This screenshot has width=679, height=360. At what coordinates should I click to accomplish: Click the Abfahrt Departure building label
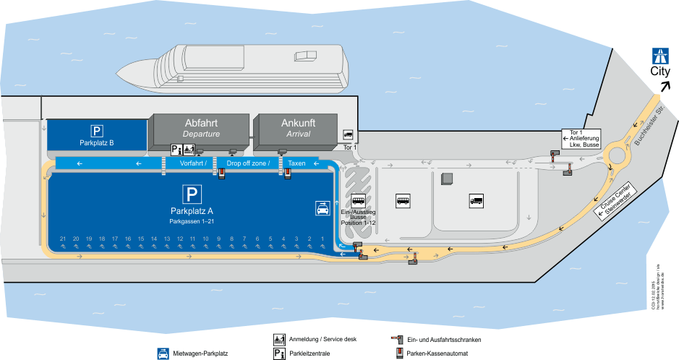(201, 127)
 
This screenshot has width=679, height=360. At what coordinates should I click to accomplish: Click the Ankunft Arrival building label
(298, 127)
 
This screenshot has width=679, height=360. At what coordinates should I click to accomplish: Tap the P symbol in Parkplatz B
(97, 130)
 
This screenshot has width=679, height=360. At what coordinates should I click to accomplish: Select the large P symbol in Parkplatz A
(192, 194)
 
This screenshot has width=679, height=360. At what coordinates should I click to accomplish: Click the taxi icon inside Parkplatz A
(322, 208)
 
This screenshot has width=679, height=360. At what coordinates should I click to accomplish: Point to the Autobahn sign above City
(659, 55)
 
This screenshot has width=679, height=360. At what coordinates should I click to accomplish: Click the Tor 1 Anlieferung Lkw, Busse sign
(581, 139)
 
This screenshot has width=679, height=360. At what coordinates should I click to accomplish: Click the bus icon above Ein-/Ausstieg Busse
(358, 201)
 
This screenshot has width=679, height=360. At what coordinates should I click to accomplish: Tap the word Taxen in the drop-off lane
(296, 164)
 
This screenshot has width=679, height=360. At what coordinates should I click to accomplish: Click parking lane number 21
(64, 239)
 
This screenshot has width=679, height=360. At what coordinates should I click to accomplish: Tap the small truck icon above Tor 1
(348, 134)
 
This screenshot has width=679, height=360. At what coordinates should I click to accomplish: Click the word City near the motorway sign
(659, 71)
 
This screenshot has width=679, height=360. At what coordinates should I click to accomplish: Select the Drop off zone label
(247, 164)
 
